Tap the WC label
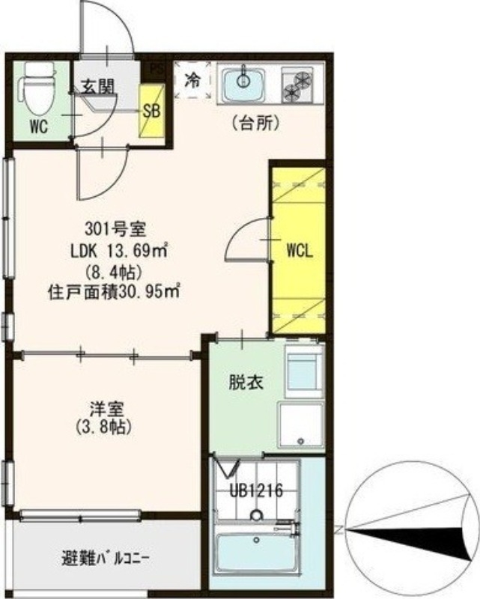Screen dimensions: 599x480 [x=39, y=127]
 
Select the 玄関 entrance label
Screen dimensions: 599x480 [x=98, y=88]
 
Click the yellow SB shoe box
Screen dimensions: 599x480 [x=151, y=111]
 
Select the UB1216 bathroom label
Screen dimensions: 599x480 [x=255, y=492]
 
